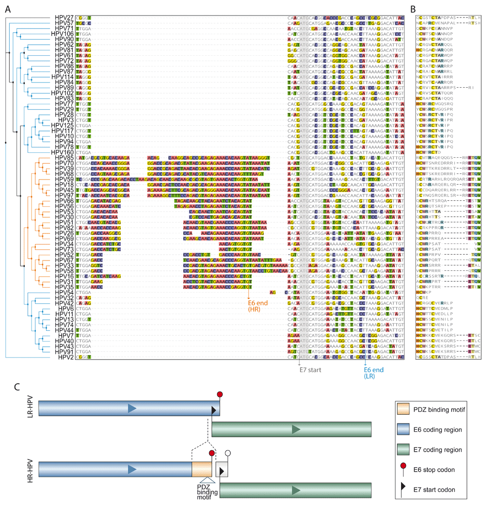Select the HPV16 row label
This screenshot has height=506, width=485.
click(x=65, y=276)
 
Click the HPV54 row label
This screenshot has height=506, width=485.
click(x=65, y=293)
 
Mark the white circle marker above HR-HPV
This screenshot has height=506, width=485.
click(x=228, y=454)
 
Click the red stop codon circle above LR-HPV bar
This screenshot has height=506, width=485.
click(x=220, y=394)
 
